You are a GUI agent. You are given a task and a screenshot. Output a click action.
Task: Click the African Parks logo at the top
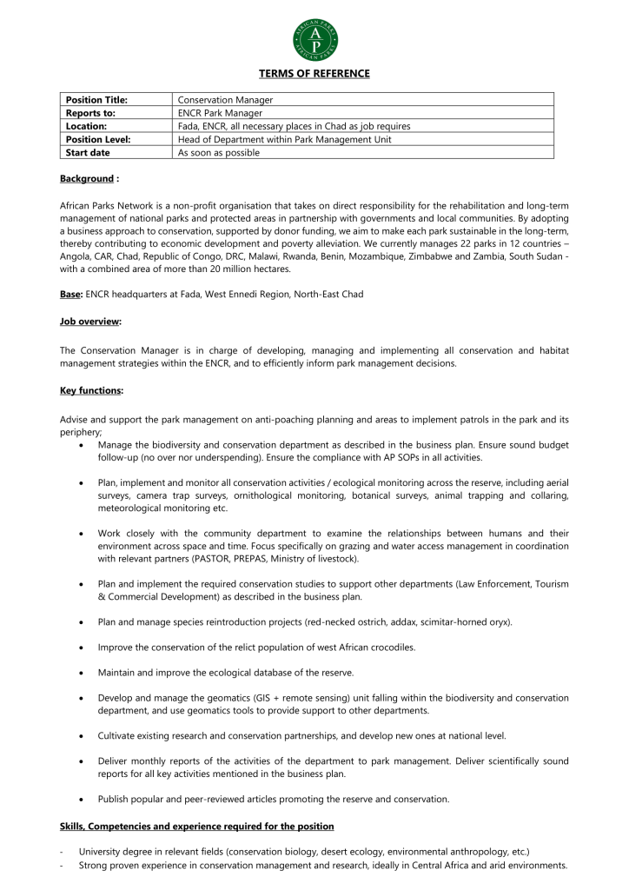pos(314,38)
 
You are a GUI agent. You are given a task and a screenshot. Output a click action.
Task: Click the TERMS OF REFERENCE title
pos(314,74)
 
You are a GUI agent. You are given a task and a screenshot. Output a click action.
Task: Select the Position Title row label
pos(96,100)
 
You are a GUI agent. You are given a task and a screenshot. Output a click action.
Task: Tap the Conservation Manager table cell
pos(225,100)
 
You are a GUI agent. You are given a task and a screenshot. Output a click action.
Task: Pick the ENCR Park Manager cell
pos(220,113)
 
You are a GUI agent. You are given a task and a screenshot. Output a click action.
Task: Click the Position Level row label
pos(98,139)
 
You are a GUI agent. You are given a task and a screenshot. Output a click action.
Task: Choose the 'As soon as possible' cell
pos(219,152)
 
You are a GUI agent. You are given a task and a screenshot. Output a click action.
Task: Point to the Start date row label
pos(88,152)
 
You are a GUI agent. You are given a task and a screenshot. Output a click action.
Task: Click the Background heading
pos(87,179)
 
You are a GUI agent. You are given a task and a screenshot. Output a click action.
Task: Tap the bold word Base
pos(70,295)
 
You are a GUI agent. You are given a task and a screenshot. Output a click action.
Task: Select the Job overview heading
pos(90,322)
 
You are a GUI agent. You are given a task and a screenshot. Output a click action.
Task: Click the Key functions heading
pos(91,391)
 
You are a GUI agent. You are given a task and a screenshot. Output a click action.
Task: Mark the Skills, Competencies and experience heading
pos(196,826)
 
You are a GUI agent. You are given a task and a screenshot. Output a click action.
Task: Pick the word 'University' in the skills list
pos(102,852)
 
